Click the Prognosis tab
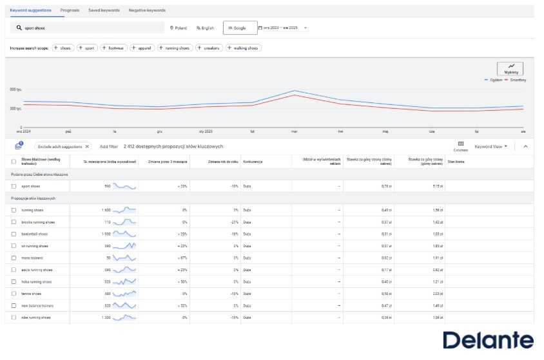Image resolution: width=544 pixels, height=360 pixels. [x=70, y=10]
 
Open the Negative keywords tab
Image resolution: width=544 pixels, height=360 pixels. [x=147, y=10]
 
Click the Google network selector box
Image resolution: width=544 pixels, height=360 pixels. [x=237, y=28]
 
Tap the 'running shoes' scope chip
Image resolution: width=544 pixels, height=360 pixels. [x=175, y=48]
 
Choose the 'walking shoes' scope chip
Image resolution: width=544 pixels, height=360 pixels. [x=242, y=48]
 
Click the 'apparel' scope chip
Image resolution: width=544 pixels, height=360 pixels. [x=141, y=48]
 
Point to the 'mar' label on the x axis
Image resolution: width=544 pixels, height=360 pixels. [x=294, y=131]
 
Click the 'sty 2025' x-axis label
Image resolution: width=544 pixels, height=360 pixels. [x=206, y=131]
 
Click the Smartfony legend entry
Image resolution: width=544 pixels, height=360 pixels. [x=516, y=80]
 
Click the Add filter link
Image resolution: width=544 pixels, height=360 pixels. [x=108, y=146]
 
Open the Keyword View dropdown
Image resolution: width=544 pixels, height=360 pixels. [x=491, y=146]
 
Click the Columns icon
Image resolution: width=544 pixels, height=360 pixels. [x=461, y=144]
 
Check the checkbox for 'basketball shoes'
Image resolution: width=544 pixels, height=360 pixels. [x=14, y=234]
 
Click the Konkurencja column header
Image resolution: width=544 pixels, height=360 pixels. [x=252, y=162]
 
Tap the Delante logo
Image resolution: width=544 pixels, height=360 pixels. [x=488, y=340]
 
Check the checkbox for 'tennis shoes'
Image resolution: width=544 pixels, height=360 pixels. [x=14, y=294]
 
